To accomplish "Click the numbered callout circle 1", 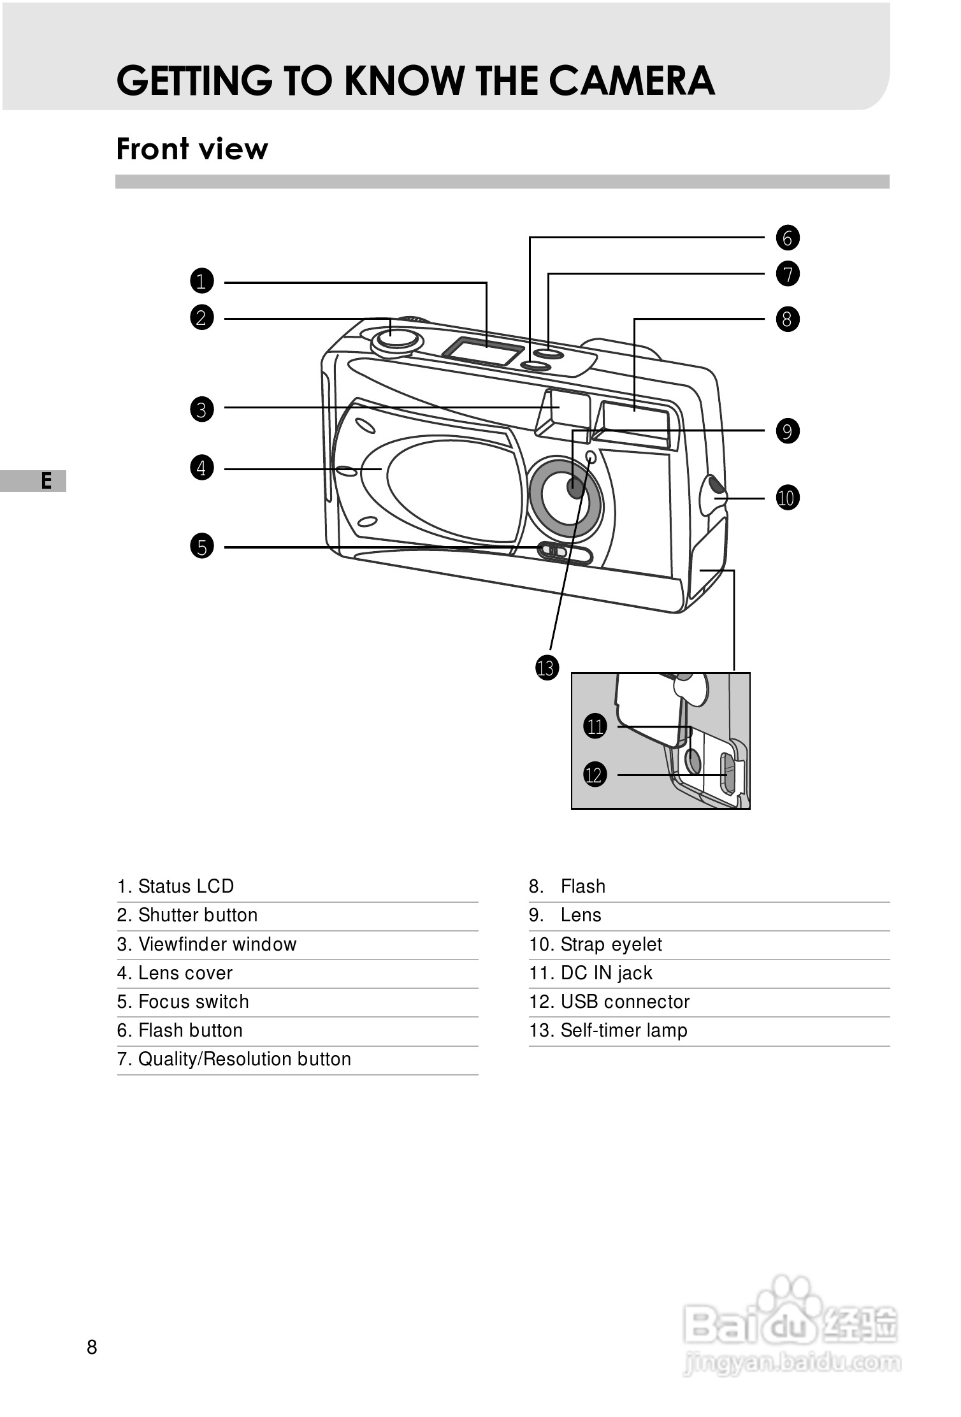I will click(202, 281).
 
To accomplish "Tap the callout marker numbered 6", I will click(788, 238).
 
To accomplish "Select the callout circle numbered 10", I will click(787, 498).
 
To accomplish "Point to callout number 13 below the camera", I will click(546, 668).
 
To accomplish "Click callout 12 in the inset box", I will click(594, 775).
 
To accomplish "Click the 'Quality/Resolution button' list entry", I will click(234, 1060).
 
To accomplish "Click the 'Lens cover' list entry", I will click(175, 974).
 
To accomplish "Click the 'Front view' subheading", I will click(192, 149).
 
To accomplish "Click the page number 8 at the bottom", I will click(92, 1348).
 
